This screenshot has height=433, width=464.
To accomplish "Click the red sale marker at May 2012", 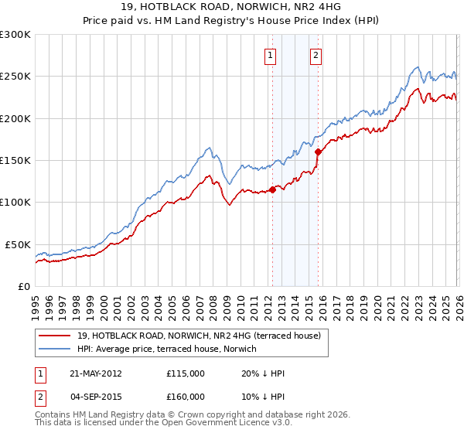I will [272, 189].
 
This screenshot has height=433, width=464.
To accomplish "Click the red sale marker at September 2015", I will [318, 152].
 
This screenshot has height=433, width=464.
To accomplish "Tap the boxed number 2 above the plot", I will [317, 55].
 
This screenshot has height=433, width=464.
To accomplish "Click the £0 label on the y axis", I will [23, 286].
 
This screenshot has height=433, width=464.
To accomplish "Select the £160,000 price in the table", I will [186, 397].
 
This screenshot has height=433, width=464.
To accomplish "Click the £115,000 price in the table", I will [186, 373].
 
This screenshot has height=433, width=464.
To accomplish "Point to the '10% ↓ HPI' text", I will [264, 397].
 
